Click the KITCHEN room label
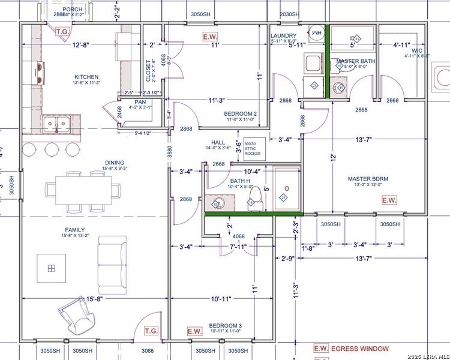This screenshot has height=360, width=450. (86, 77)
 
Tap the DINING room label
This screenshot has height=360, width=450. (114, 163)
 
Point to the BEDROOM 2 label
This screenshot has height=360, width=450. (241, 114)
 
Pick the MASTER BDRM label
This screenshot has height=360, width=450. (368, 179)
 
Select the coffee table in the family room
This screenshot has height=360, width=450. (52, 268)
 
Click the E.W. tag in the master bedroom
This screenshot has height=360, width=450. (389, 200)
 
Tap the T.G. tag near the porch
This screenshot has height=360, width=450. (62, 31)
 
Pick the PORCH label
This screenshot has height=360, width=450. (73, 10)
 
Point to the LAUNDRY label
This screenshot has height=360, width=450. (284, 36)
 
